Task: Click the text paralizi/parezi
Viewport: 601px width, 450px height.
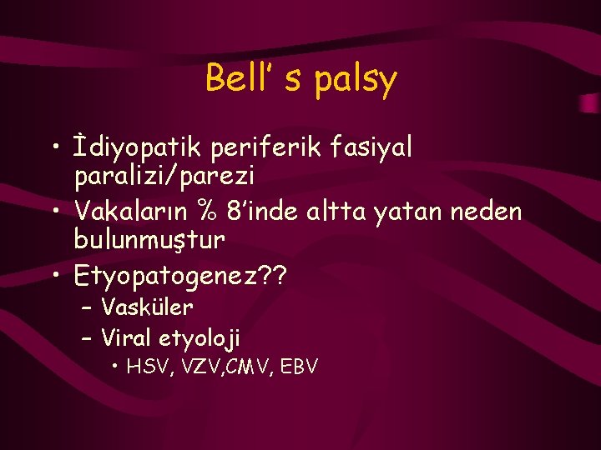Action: [164, 177]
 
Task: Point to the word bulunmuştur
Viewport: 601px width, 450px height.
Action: [149, 240]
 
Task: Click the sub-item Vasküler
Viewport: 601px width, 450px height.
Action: [147, 307]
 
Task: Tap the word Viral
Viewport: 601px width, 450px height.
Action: [122, 337]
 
